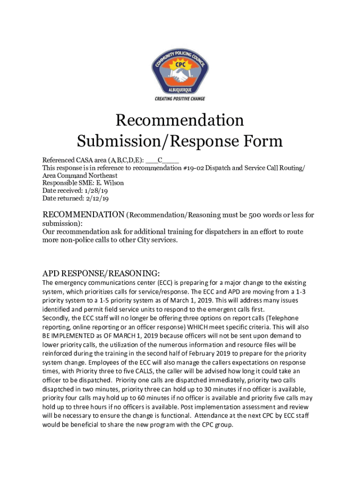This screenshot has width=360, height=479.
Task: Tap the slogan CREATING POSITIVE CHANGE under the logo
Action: point(180,99)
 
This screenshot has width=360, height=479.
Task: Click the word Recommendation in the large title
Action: point(180,121)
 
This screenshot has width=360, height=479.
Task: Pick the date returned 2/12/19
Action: point(97,198)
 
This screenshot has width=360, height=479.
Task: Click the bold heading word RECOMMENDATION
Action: point(84,215)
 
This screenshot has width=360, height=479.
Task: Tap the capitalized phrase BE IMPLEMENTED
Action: point(68,336)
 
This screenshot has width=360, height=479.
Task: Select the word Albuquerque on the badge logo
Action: point(180,88)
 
